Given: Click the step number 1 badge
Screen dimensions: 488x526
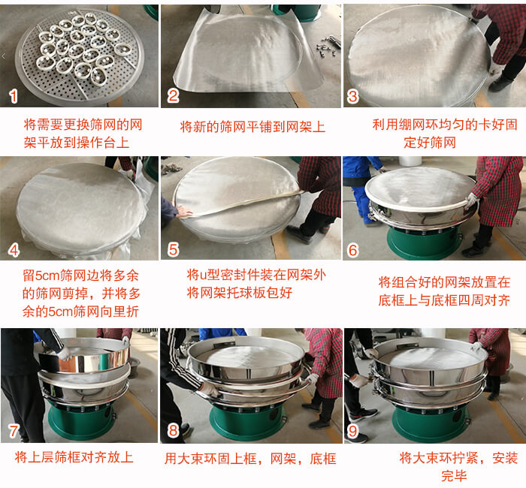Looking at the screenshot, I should [x=13, y=96].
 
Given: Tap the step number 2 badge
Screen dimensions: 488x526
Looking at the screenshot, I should [x=174, y=95].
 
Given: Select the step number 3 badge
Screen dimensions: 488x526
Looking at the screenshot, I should [x=353, y=96].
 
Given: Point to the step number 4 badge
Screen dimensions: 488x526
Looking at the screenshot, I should [x=13, y=248].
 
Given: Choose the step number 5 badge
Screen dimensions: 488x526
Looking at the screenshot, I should [x=174, y=248].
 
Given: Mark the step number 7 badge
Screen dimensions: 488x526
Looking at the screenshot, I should [x=13, y=430].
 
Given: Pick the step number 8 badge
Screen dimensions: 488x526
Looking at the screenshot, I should [x=174, y=430].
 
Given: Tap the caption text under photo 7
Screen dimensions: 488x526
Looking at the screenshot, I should [x=74, y=456].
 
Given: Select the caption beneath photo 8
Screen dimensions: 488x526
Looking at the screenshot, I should [x=250, y=458].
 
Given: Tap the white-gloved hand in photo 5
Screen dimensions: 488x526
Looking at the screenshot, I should [x=183, y=212].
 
